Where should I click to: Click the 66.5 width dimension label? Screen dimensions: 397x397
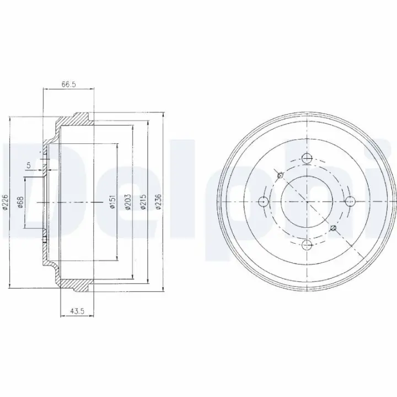coord(68,84)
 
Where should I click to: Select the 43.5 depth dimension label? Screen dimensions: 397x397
coord(77,311)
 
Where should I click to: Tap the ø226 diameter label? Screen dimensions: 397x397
coord(6,202)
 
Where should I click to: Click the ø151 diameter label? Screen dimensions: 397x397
coord(112,201)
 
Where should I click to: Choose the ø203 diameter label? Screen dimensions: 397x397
coord(128,202)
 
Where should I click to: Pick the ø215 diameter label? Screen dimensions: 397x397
coord(143,202)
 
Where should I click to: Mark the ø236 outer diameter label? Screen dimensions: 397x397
coord(158,202)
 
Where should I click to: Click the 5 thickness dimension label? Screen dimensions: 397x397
coord(29,165)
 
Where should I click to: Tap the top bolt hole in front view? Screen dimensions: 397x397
coord(307,158)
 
